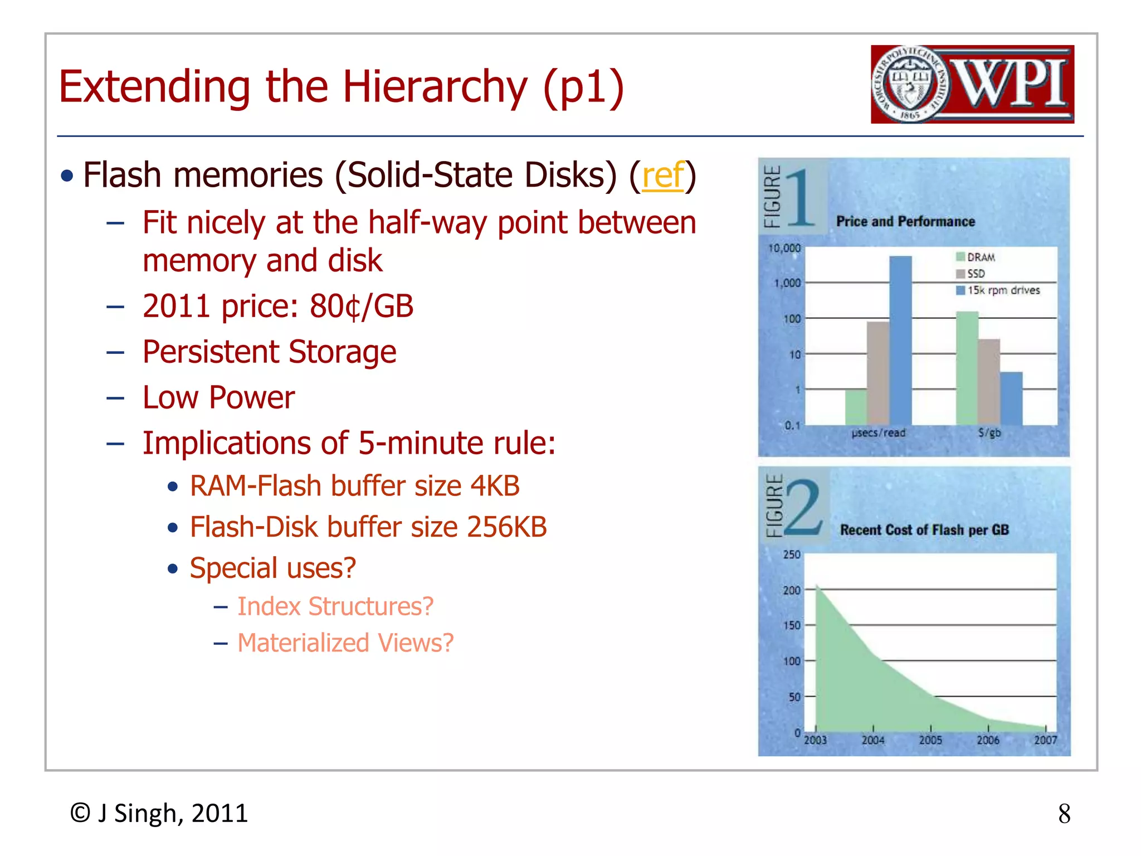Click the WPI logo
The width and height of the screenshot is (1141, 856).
(972, 84)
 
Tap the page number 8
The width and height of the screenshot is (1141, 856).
(1064, 814)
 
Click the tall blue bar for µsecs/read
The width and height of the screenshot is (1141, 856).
(900, 340)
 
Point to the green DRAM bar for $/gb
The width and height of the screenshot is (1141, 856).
(967, 368)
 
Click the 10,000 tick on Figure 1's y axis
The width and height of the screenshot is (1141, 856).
(784, 248)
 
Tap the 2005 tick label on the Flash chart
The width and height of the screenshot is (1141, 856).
(930, 740)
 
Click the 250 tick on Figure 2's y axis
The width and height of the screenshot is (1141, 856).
(792, 555)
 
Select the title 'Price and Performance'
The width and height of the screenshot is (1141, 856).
(905, 222)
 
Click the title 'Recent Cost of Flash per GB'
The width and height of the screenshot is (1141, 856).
(924, 530)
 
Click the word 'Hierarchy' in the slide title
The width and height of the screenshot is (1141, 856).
(435, 87)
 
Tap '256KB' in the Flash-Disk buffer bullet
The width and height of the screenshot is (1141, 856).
(507, 527)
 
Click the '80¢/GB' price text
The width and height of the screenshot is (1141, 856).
(362, 307)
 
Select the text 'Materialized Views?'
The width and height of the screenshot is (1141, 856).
(345, 643)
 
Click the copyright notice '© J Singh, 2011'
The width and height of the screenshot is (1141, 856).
(159, 814)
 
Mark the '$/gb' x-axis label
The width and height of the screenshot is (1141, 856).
(989, 432)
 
